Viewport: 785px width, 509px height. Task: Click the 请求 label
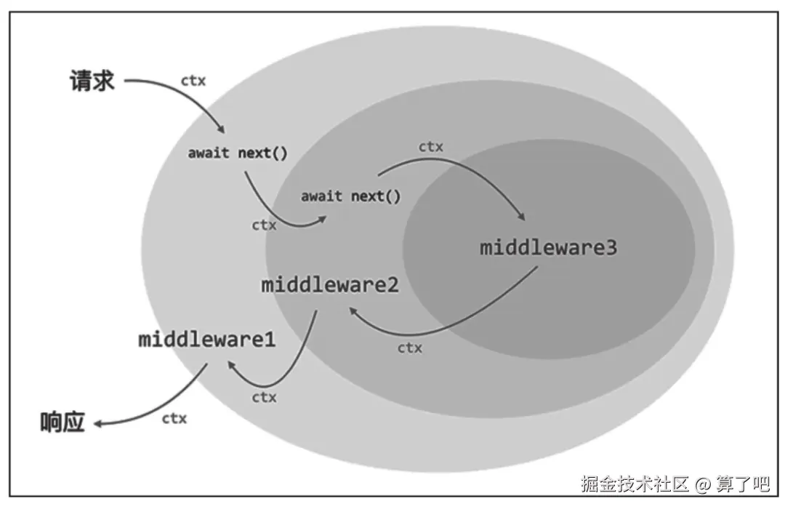coord(92,80)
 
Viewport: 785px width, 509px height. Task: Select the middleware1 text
coord(207,339)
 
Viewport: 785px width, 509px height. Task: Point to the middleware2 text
coord(330,284)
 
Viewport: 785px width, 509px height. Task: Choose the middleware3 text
coord(549,247)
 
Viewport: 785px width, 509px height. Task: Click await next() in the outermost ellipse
coord(238,153)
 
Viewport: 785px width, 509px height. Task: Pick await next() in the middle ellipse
coord(350,196)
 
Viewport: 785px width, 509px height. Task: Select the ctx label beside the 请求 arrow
coord(193,81)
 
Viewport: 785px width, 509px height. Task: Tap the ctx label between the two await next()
coord(264,225)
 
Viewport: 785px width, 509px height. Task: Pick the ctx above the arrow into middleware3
coord(430,147)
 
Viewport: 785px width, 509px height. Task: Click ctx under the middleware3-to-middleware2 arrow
coord(410,348)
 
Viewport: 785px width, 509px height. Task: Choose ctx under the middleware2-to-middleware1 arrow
coord(264,397)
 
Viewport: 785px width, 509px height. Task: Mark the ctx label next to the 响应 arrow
coord(174,418)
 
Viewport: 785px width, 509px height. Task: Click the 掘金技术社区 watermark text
coord(634,484)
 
